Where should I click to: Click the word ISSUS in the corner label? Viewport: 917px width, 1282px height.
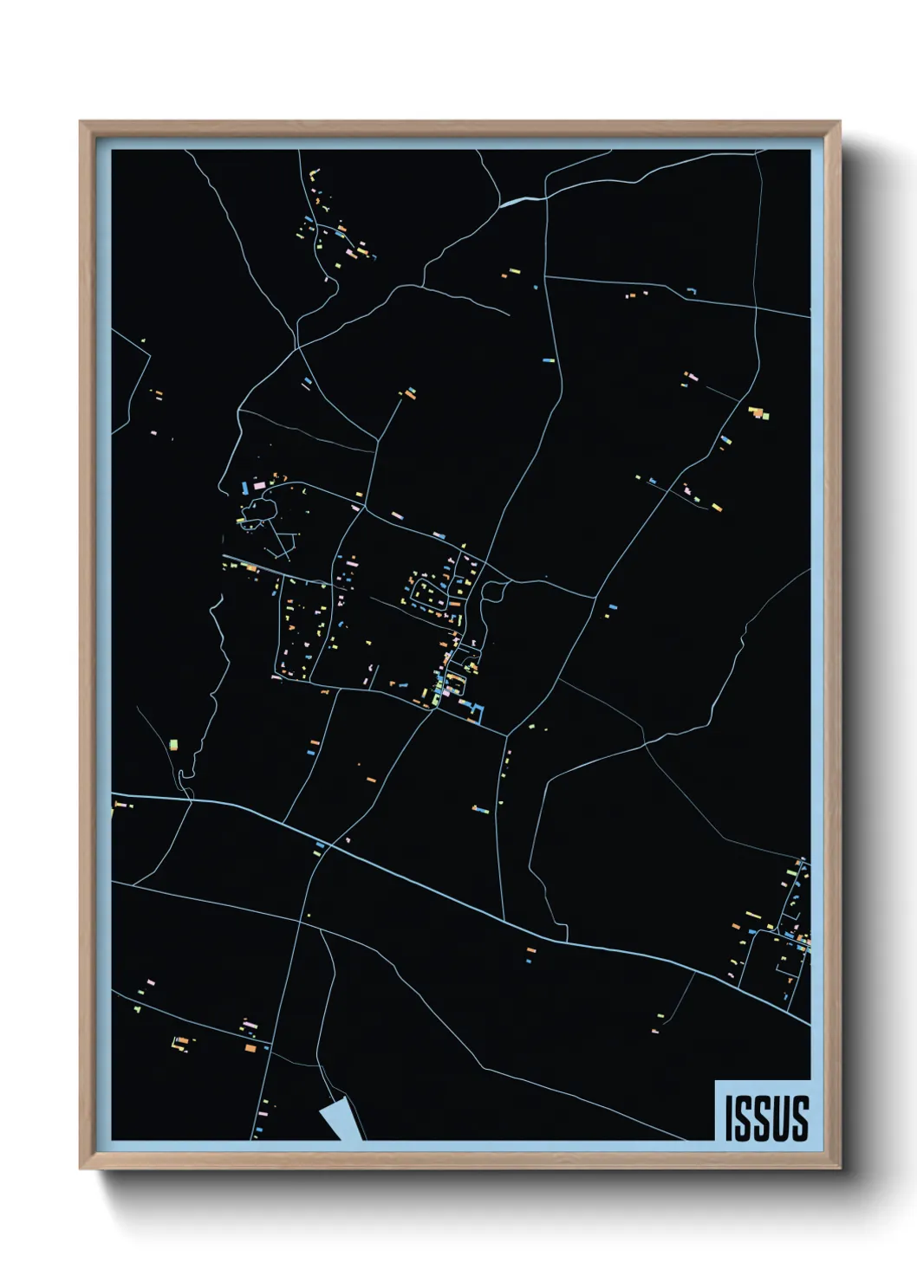pos(766,1117)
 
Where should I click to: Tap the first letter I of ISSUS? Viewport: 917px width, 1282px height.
pos(730,1117)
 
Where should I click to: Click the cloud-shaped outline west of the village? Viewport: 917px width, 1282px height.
pos(257,511)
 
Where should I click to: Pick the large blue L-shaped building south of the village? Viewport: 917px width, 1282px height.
pos(475,713)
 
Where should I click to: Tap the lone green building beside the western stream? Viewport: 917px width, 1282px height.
pos(173,744)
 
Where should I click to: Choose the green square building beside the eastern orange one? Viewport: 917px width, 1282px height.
pos(765,416)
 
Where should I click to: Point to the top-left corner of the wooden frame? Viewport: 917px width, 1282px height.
pos(81,123)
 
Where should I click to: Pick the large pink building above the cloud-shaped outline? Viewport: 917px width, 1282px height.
pos(258,487)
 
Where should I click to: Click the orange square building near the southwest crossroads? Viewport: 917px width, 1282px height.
pos(250,1048)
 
